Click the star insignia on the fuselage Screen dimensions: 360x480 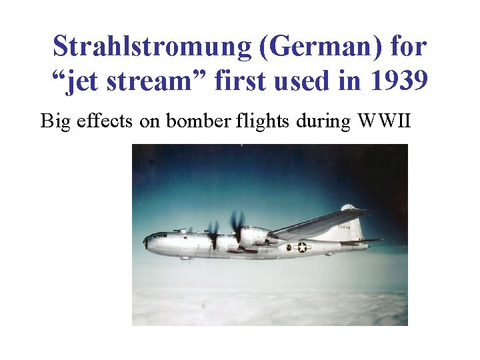click(x=302, y=247)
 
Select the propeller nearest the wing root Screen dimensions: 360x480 click(x=237, y=227)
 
